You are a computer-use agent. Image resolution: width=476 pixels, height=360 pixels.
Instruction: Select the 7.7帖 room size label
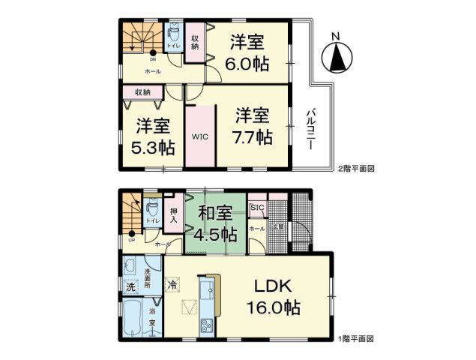[x=253, y=137]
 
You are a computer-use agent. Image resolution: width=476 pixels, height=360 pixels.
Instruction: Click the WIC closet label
[x=199, y=137]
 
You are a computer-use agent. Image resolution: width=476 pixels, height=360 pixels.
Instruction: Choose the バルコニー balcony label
[x=310, y=128]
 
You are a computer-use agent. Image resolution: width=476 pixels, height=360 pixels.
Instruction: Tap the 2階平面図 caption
[x=356, y=169]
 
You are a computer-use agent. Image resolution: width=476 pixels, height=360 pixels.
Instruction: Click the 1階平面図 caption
[x=356, y=340]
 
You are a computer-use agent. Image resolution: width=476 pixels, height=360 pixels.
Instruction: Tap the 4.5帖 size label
[x=216, y=234]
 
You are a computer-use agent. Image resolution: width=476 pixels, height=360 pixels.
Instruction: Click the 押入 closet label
[x=174, y=215]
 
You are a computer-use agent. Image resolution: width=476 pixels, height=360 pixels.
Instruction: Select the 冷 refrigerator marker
[x=173, y=284]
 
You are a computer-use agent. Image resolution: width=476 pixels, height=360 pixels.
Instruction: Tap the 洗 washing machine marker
[x=130, y=286]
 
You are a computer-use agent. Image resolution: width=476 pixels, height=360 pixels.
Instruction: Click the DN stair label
[x=153, y=59]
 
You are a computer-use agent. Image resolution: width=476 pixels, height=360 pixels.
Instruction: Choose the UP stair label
[x=132, y=241]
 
